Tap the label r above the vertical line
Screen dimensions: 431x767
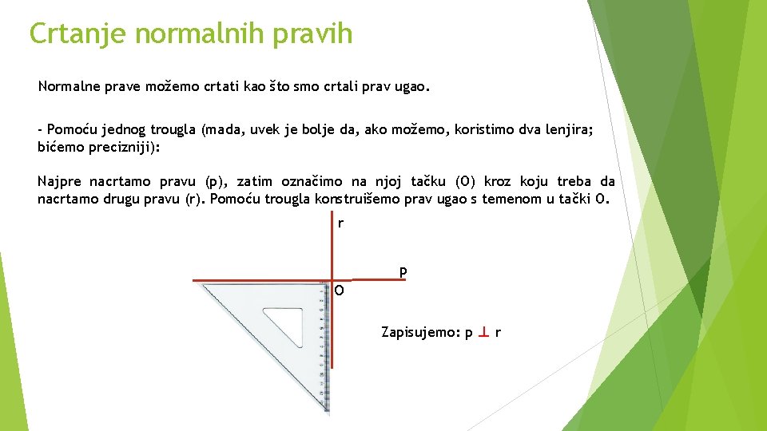click(x=340, y=223)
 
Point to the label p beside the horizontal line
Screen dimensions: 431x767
click(x=403, y=272)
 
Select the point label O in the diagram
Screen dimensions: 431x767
click(x=340, y=291)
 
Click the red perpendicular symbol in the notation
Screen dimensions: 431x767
click(x=484, y=331)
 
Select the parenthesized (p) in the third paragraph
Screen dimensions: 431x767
click(x=214, y=182)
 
